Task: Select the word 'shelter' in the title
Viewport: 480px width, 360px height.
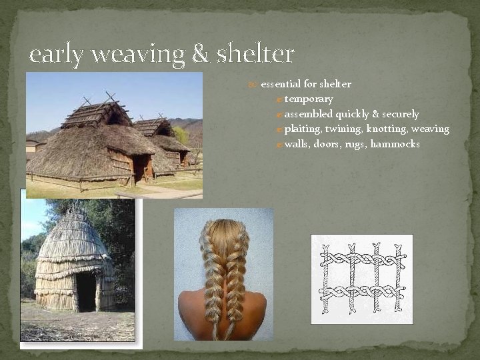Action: click(255, 53)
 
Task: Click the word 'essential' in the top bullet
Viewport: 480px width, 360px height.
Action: click(281, 84)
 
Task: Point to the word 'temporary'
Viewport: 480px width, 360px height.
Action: click(309, 99)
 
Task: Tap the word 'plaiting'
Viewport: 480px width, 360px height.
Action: click(304, 129)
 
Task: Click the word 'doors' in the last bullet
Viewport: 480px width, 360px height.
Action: click(329, 144)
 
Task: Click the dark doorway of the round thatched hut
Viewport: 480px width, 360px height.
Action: click(85, 291)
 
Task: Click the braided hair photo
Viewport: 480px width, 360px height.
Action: click(223, 273)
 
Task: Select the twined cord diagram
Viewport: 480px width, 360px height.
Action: click(362, 279)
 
